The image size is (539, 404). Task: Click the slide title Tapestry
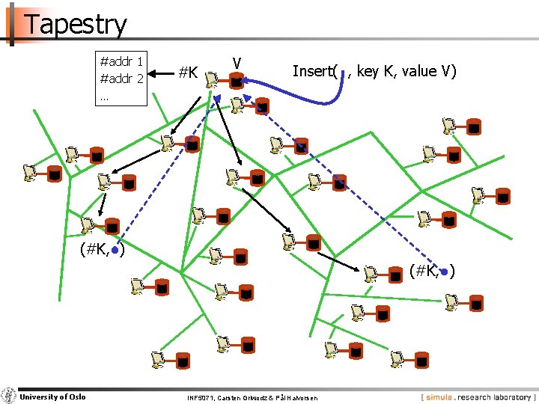(x=76, y=24)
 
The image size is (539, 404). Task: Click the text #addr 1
(x=121, y=61)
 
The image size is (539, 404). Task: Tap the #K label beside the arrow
(x=187, y=73)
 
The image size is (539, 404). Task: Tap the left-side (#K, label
(x=95, y=250)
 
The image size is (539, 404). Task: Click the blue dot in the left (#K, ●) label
(x=113, y=251)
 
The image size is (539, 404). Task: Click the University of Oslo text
(x=52, y=397)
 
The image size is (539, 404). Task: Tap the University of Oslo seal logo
(x=8, y=396)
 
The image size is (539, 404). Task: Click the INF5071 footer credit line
(x=252, y=397)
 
